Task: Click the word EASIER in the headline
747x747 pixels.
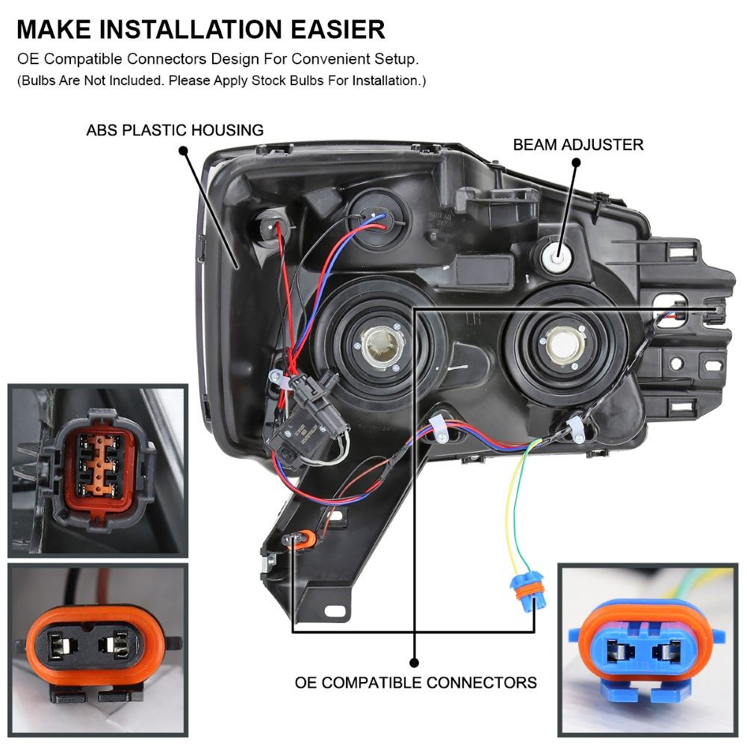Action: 338,29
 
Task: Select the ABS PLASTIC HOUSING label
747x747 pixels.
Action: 175,130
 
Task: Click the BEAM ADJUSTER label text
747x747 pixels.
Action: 578,144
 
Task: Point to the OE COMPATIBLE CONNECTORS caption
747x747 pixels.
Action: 415,682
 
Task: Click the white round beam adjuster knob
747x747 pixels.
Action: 556,258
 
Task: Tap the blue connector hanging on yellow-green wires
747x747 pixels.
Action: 528,593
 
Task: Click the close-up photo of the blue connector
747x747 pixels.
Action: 648,651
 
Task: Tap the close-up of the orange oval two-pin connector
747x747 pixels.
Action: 98,651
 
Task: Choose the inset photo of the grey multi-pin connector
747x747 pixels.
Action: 98,471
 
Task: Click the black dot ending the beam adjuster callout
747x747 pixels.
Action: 576,162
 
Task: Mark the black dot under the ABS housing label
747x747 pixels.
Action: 184,151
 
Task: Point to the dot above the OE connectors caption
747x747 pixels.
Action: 415,662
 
